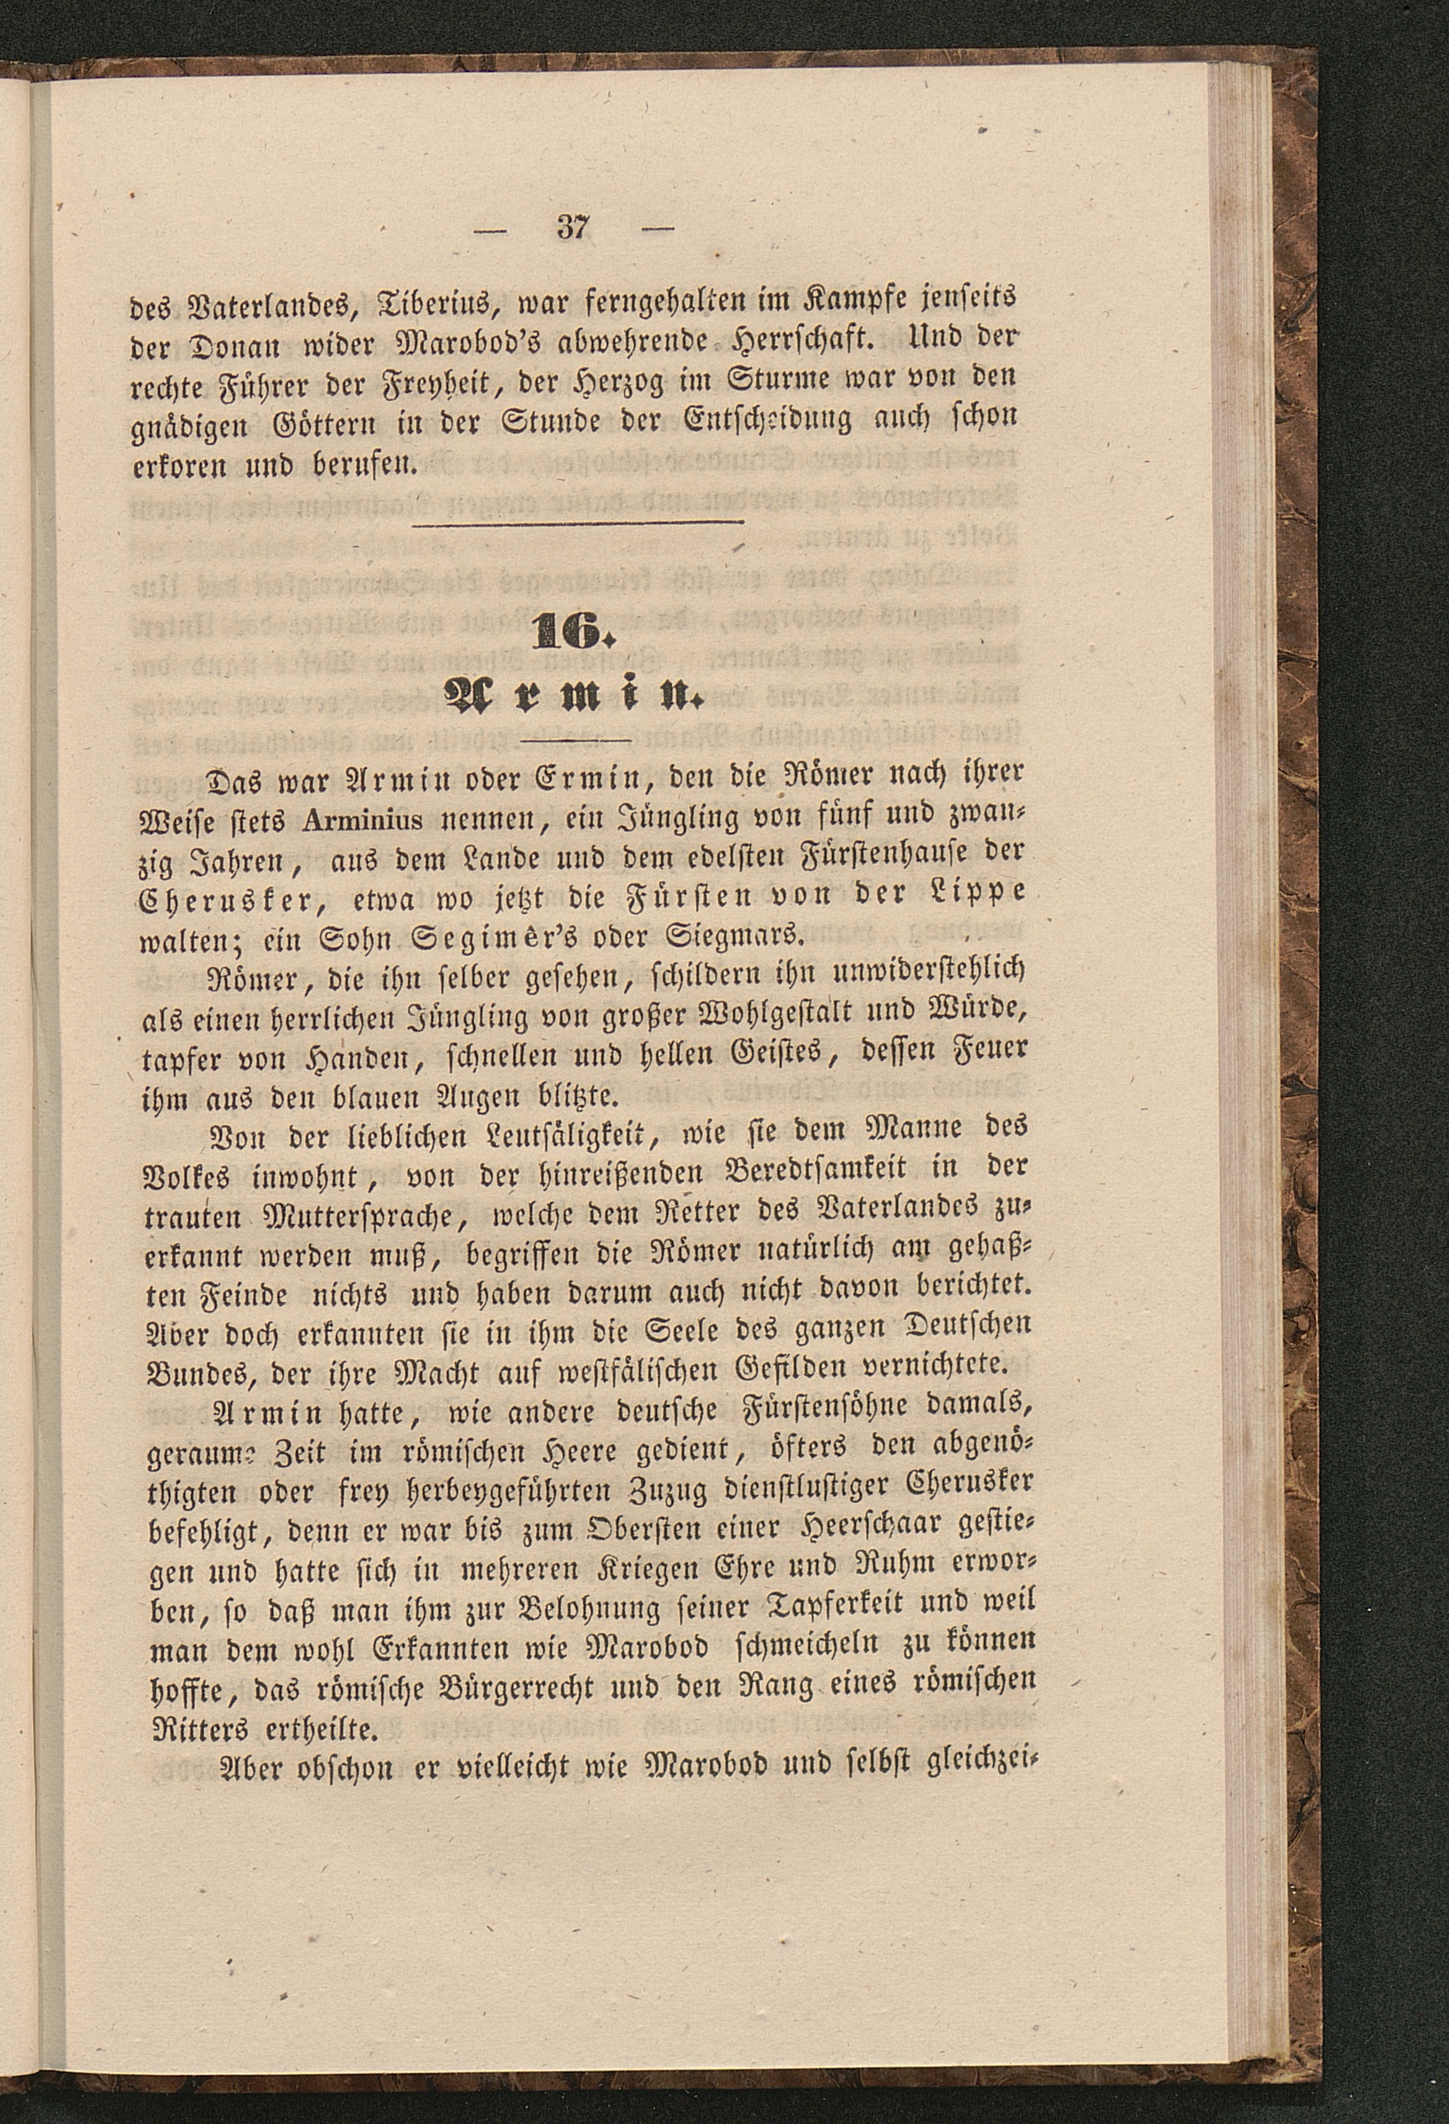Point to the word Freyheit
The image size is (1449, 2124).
point(466,379)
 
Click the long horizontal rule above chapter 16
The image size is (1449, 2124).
point(579,523)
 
